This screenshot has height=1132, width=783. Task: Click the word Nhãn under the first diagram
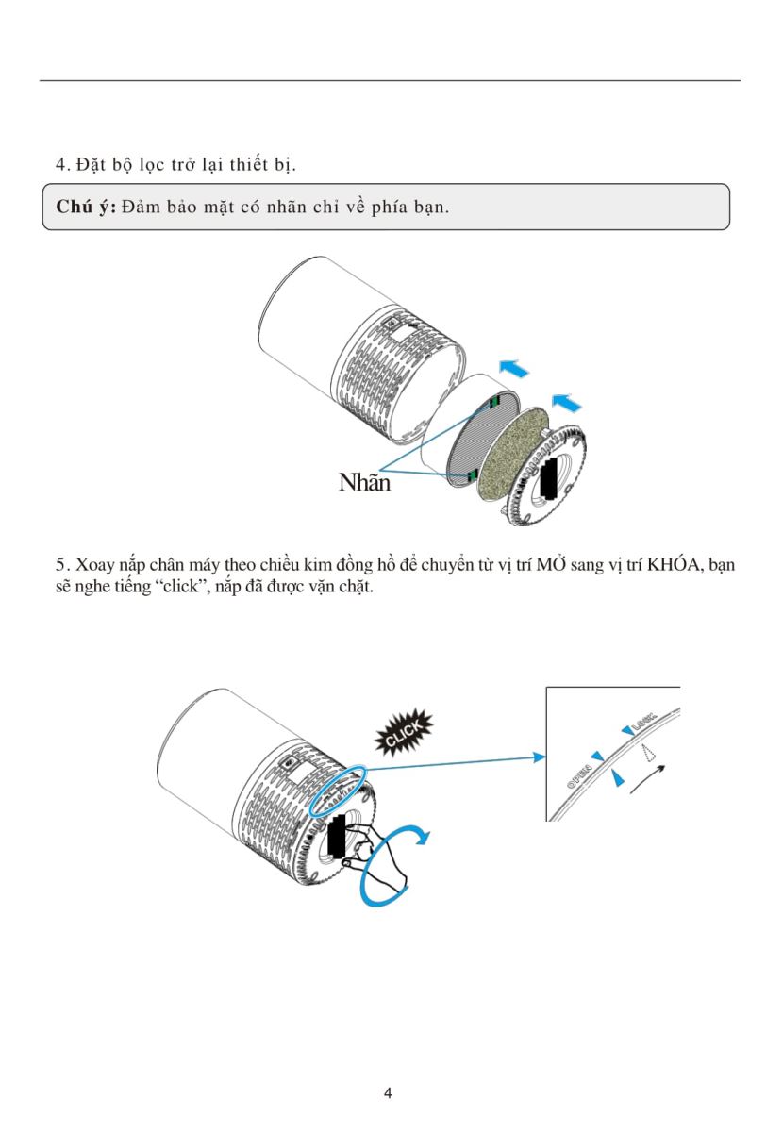364,483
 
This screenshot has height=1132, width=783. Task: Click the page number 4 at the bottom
388,1093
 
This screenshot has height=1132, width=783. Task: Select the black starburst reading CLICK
404,733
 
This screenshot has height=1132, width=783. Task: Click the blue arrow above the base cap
566,402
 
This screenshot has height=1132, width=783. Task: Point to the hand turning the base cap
373,853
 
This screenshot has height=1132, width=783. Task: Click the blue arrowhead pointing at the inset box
540,757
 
